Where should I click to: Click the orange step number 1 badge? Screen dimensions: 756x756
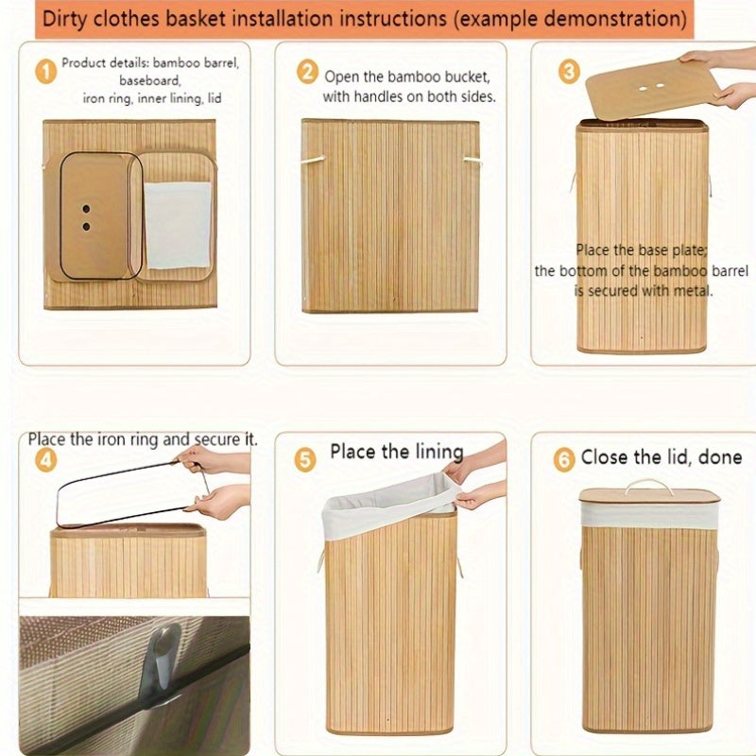45,72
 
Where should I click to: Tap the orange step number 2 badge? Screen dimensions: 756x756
307,73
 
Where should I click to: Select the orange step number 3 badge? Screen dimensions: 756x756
569,72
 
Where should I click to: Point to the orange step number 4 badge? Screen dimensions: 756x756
45,460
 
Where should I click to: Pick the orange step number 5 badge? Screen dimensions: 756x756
305,459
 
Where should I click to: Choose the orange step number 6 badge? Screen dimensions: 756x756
564,459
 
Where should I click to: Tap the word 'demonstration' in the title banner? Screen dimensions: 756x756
611,19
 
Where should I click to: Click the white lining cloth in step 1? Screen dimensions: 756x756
178,225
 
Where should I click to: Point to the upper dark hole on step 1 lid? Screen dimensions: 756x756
86,209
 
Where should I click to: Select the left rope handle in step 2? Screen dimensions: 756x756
314,159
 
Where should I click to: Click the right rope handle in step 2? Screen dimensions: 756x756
472,161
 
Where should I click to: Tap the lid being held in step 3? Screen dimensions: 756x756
652,87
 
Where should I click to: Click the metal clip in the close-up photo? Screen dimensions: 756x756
162,656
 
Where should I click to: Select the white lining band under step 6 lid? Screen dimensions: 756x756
649,514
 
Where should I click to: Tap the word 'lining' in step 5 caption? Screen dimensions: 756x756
439,453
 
